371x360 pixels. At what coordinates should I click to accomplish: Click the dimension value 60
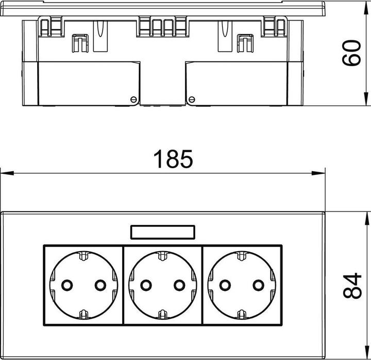click(x=351, y=53)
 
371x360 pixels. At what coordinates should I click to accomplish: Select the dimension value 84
click(x=351, y=285)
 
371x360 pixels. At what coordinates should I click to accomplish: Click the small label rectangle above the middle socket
click(x=163, y=233)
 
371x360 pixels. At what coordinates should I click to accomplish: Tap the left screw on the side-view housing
click(x=133, y=98)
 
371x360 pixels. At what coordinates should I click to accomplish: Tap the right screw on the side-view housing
click(x=192, y=98)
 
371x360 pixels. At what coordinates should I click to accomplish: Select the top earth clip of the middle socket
click(x=163, y=255)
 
